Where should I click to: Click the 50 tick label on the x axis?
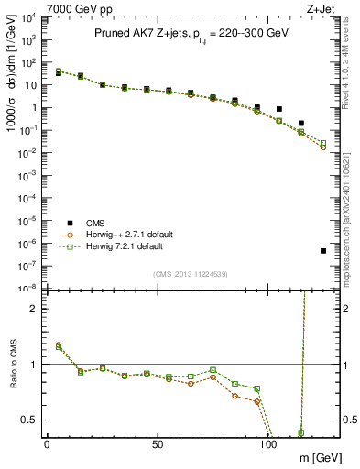(158, 443)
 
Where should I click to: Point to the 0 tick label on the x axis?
(47, 443)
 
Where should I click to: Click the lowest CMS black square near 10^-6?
(323, 251)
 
